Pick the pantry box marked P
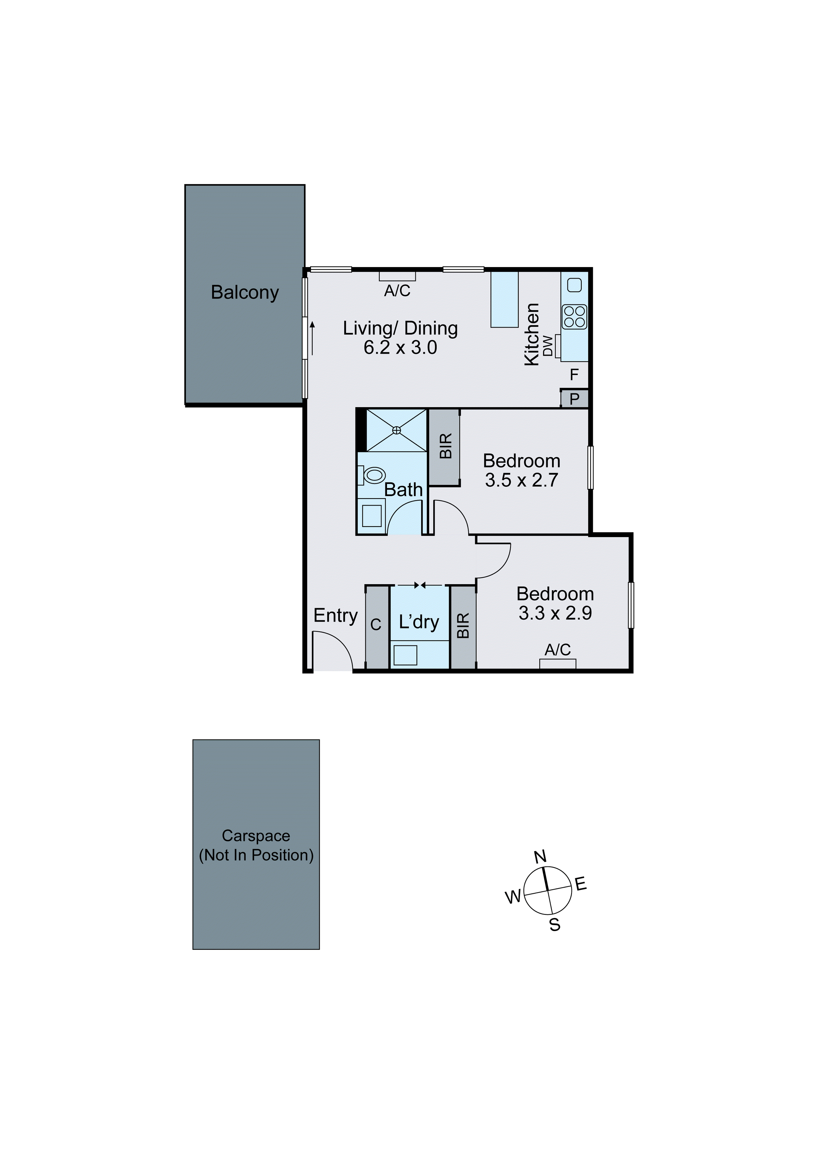(x=574, y=399)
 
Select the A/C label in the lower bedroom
(x=558, y=650)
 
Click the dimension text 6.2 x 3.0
(x=400, y=347)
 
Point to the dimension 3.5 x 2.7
(x=521, y=480)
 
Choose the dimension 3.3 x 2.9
(x=555, y=613)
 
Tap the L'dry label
(x=419, y=622)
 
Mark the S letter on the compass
(x=555, y=925)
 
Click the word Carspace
(x=256, y=836)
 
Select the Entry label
(x=336, y=616)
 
